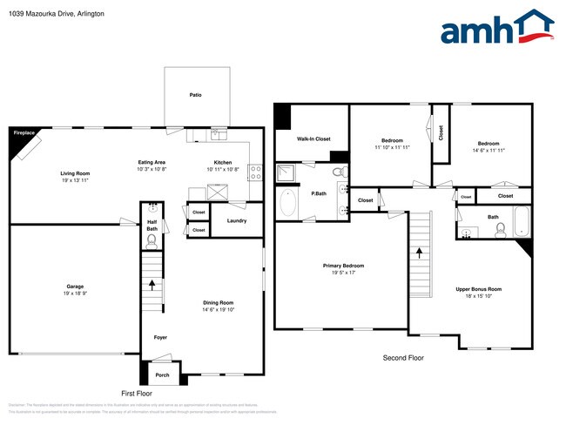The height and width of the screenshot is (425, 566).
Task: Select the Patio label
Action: pos(198,95)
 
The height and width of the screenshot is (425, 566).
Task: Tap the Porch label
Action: pos(162,375)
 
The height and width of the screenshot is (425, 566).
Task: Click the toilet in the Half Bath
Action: pos(152,240)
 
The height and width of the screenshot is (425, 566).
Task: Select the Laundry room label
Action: pos(236,220)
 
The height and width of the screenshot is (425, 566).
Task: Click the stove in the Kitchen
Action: pos(256,172)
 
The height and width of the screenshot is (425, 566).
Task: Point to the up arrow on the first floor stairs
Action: pos(153,283)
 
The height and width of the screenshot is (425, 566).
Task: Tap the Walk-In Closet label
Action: pos(313,138)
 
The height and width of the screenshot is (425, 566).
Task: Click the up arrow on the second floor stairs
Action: pos(421,253)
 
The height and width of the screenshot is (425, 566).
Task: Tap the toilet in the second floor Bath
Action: pos(501,230)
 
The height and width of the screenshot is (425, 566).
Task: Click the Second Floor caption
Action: pos(405,358)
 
